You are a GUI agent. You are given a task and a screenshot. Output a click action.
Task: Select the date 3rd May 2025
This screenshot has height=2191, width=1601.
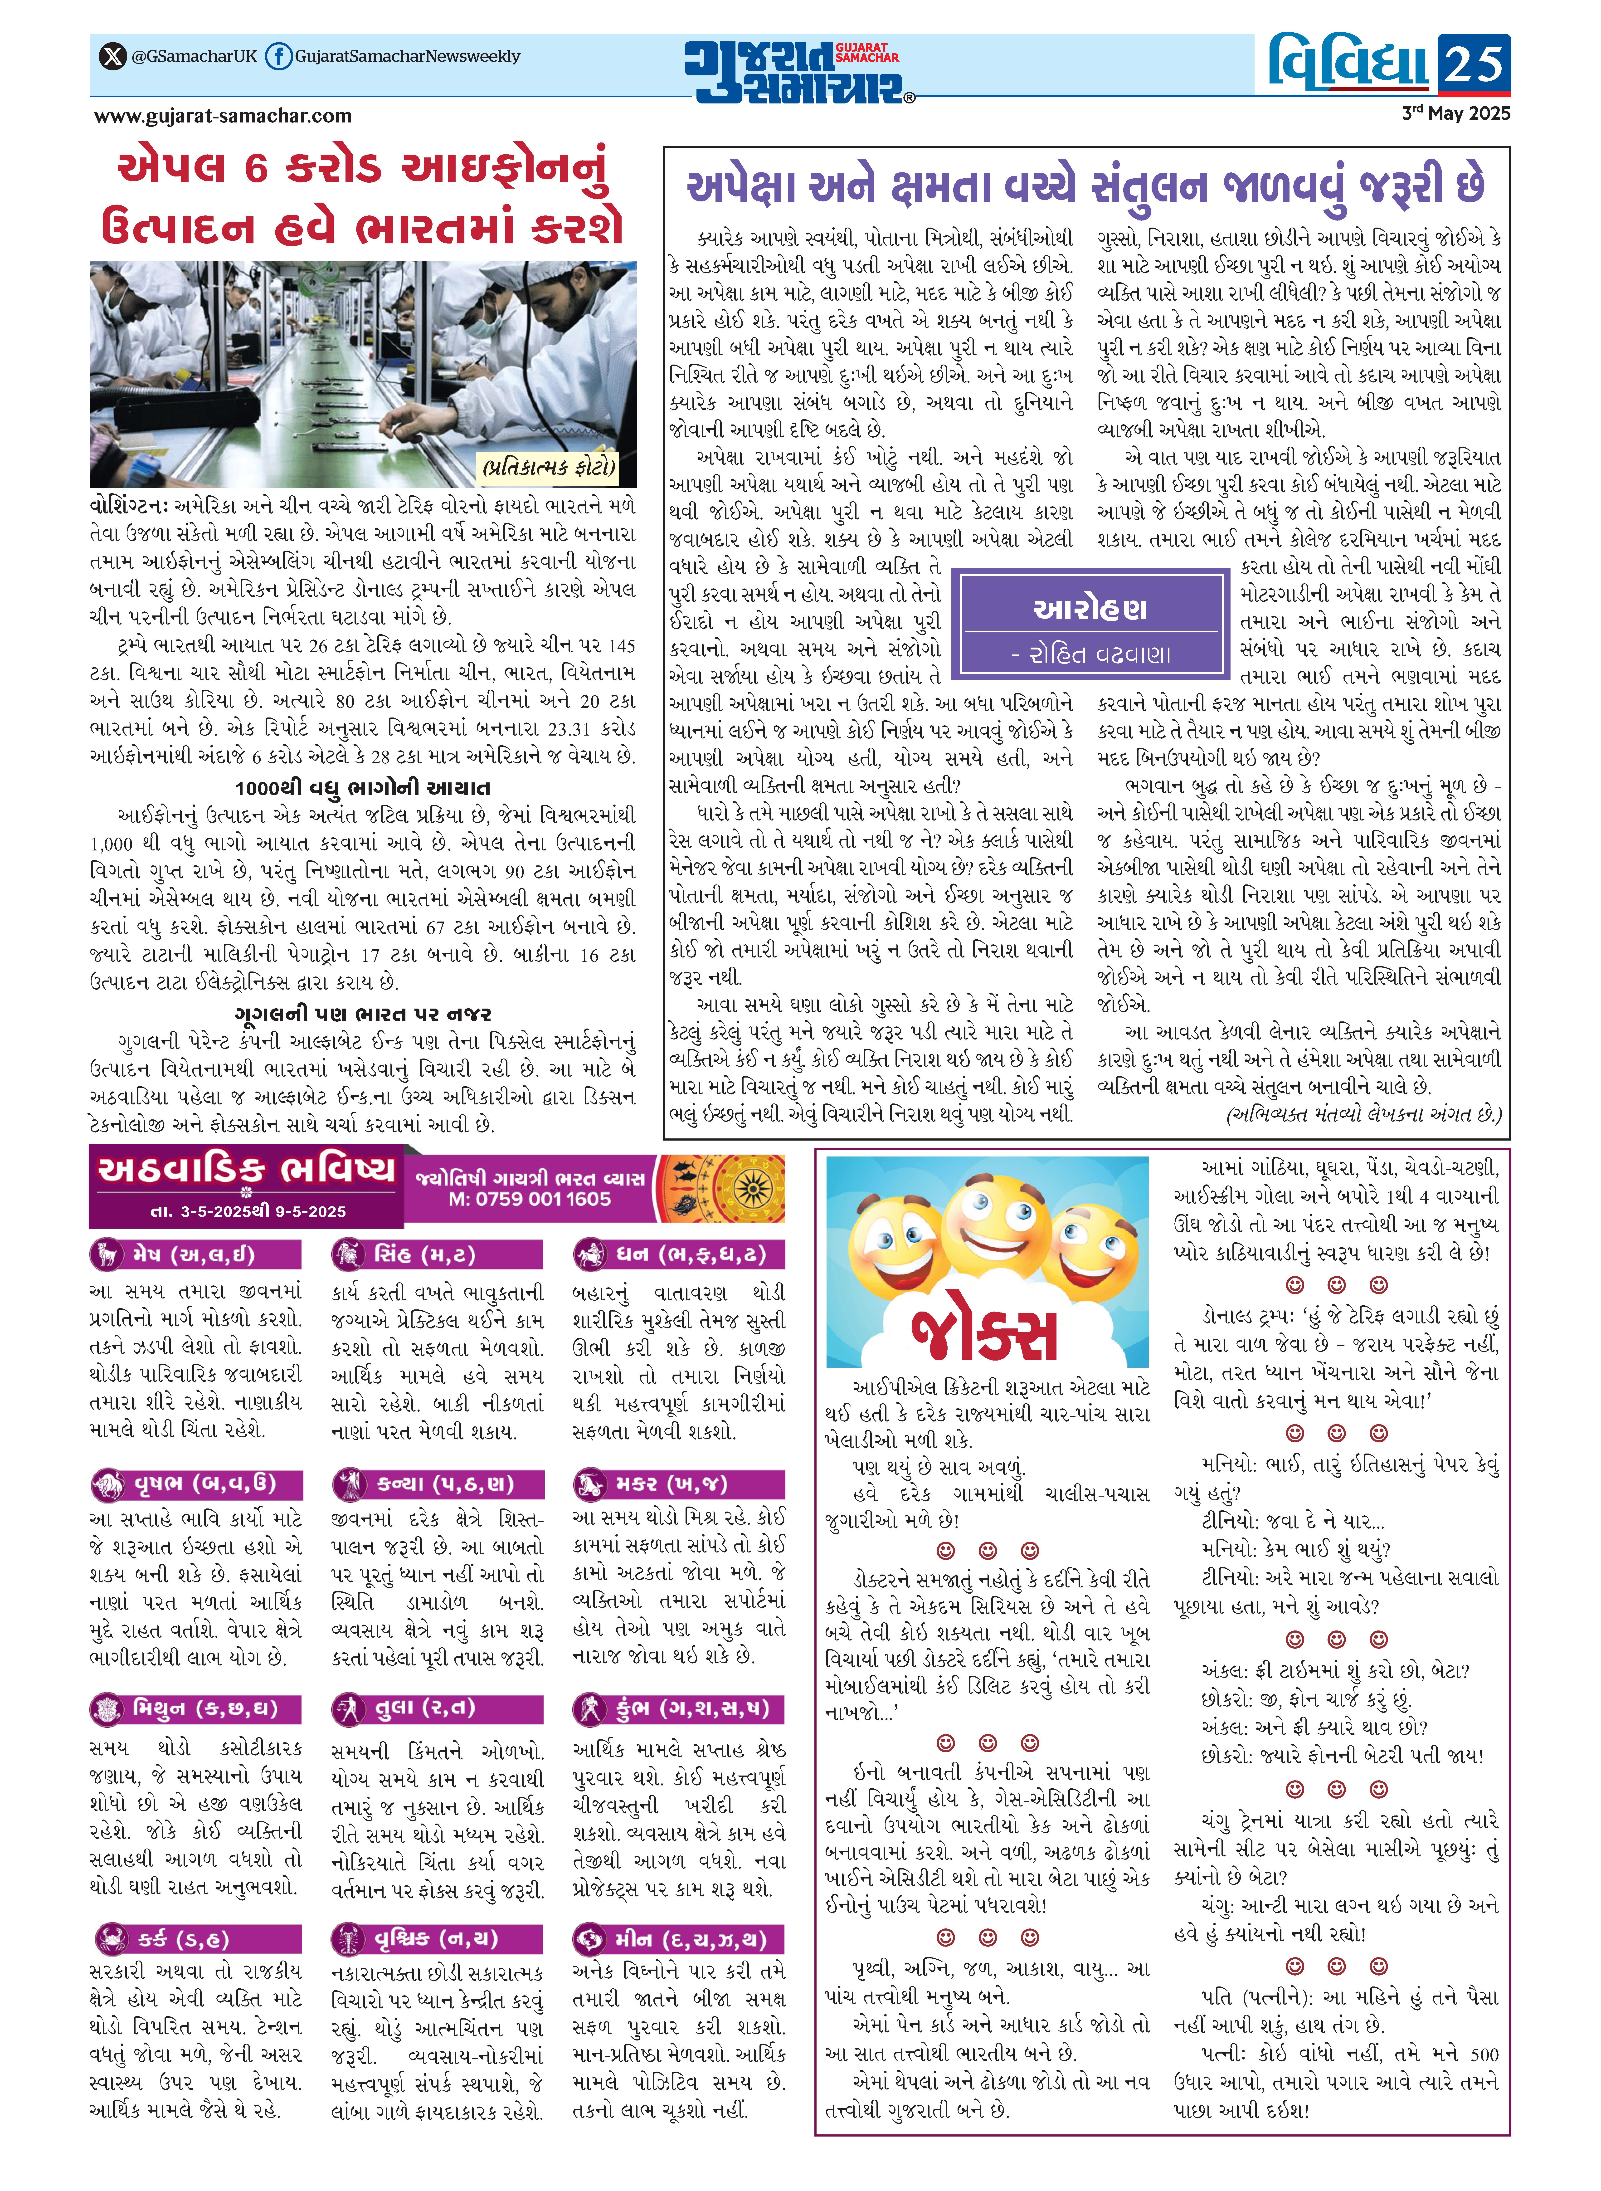(x=1456, y=113)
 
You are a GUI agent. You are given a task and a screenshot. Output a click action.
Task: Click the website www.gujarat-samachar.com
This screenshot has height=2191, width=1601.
(x=223, y=116)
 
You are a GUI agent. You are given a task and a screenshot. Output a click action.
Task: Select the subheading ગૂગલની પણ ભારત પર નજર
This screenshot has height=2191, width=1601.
(x=362, y=1014)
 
